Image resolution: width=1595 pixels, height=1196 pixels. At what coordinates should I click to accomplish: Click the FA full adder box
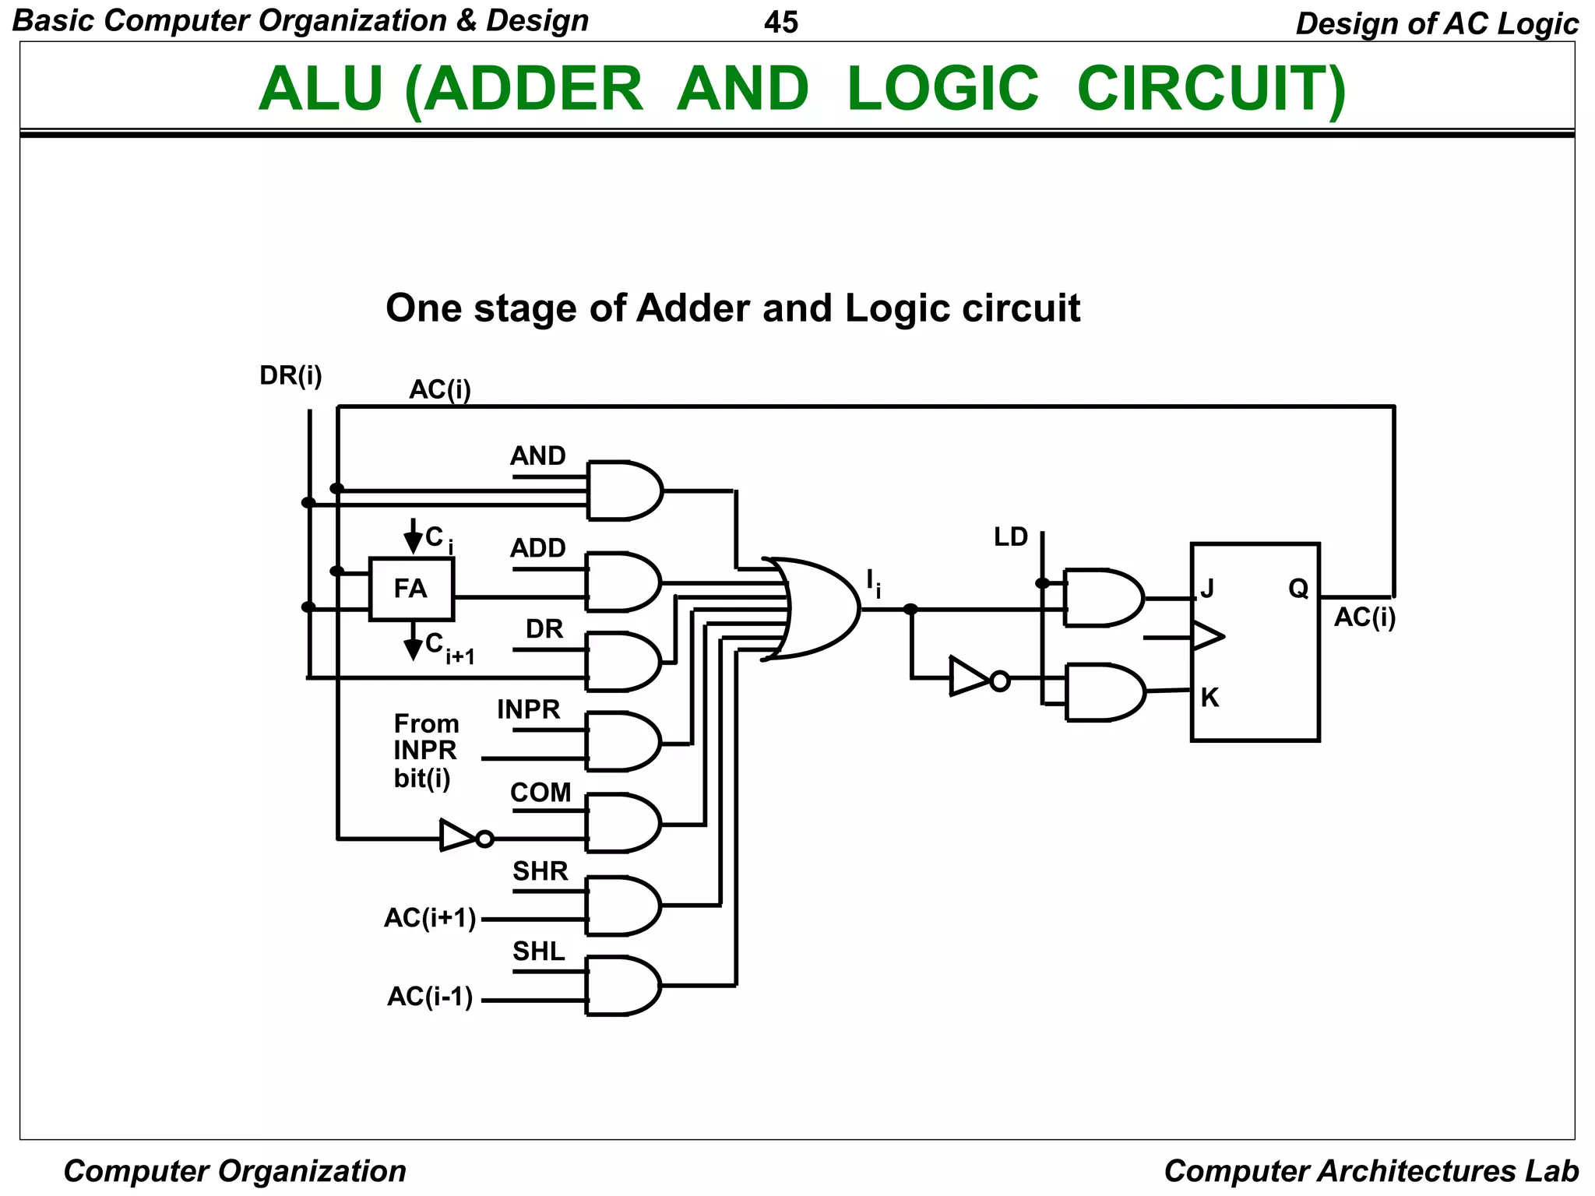click(410, 589)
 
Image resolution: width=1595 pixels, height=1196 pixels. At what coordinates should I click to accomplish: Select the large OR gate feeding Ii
click(818, 608)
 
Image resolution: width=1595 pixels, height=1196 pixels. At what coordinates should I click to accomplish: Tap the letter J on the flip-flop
click(1207, 589)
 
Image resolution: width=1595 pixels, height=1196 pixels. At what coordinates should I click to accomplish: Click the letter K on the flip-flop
click(1209, 698)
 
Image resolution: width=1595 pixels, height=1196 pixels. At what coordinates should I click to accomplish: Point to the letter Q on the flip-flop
click(1298, 589)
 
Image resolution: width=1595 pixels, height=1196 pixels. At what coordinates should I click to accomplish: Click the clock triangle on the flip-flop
click(1206, 636)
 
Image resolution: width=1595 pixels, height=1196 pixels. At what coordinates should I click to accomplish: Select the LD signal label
click(1011, 536)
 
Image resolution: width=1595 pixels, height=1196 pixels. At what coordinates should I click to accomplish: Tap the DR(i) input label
click(290, 376)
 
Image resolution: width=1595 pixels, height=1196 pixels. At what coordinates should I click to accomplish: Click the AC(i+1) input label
click(430, 919)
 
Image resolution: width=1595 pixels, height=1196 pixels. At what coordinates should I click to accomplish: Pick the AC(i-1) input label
click(430, 997)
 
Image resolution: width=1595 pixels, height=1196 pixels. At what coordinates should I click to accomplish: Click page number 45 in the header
click(781, 23)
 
